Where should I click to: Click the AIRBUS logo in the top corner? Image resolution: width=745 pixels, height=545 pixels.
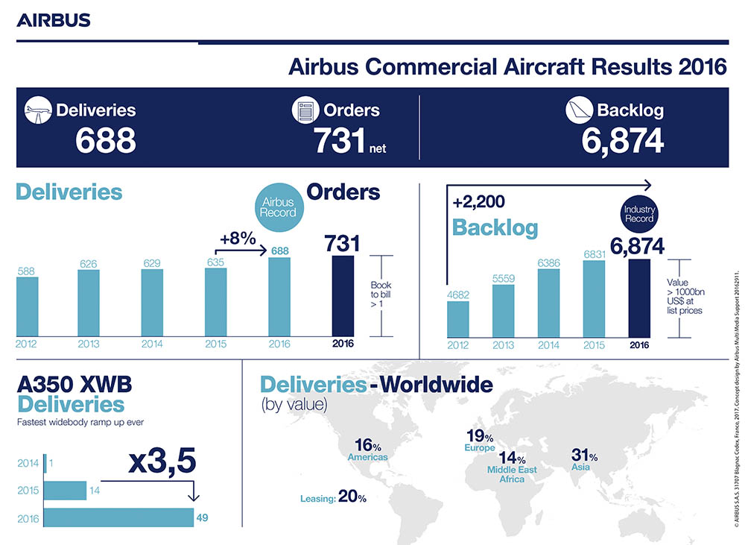click(54, 19)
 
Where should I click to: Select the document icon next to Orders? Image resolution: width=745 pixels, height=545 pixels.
click(305, 110)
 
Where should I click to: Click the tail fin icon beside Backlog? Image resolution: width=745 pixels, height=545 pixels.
click(580, 110)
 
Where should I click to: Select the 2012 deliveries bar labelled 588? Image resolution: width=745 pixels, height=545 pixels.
click(27, 306)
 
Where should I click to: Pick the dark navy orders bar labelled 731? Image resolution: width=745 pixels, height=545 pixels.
click(343, 296)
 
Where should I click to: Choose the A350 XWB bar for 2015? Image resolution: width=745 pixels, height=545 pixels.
click(65, 491)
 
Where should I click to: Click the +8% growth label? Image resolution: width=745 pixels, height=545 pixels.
click(238, 239)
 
